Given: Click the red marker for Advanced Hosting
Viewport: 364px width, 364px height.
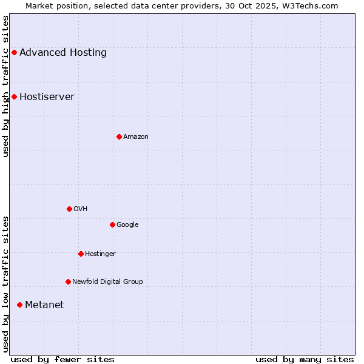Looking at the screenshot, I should [14, 52].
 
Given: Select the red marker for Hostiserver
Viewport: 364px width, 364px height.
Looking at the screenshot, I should [14, 96].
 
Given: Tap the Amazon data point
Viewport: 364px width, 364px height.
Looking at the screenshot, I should [119, 136].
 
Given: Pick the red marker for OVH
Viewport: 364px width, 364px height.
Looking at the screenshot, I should [69, 209].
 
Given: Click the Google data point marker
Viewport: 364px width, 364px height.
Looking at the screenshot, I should [112, 224].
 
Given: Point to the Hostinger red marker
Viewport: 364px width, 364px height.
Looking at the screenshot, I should [81, 254].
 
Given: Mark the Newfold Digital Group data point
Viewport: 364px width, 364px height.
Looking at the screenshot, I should [68, 281].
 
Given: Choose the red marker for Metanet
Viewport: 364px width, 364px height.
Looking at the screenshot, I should [19, 305].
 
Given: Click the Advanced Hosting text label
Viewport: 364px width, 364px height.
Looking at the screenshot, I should [63, 52].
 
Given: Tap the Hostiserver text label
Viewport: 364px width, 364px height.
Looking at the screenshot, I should [47, 96].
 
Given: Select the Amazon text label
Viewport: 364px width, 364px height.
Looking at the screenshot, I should [136, 136].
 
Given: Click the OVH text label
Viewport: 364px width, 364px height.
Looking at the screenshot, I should [81, 209].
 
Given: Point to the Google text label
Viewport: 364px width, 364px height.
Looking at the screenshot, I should [127, 224].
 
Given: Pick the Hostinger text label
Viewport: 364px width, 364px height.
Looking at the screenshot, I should [100, 254].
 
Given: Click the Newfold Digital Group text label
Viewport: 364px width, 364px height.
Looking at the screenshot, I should [107, 281].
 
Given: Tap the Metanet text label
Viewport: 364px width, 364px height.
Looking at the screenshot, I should [44, 305].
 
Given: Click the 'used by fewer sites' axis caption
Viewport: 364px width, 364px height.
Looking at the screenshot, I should [62, 359].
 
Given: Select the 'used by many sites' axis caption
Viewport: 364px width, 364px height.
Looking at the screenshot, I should [305, 359].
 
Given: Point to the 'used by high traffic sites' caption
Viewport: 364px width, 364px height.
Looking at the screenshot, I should [5, 87].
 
